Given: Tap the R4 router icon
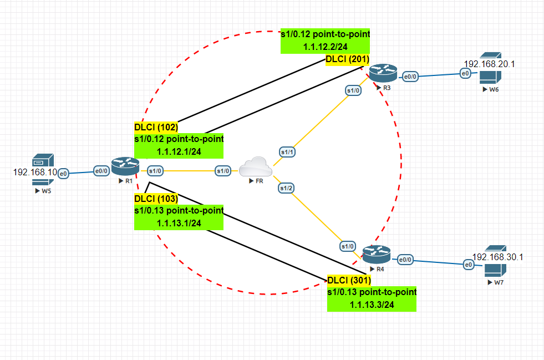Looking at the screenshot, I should tap(377, 255).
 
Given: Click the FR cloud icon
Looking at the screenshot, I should tap(255, 167).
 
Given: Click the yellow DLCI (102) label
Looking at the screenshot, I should tap(156, 127).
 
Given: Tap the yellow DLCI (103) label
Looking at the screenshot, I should tap(156, 199).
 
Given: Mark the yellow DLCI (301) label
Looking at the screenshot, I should tap(349, 280).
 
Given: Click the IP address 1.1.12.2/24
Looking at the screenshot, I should tap(325, 47).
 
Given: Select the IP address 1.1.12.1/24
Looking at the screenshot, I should tap(179, 151).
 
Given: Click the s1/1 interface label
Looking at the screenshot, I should tap(287, 151).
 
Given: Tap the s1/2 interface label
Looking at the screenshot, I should tap(286, 188).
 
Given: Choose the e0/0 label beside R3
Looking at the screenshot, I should tap(410, 77).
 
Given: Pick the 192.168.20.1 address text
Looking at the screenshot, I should tap(490, 64).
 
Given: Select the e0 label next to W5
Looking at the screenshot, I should tap(63, 174).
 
